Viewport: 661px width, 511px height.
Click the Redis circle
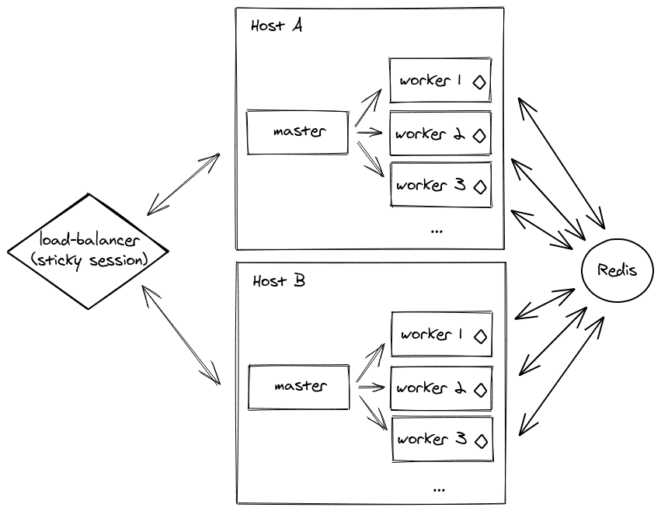(618, 270)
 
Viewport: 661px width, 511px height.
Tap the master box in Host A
(298, 132)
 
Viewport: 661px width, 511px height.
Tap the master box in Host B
(299, 386)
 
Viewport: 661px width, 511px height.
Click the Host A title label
(277, 26)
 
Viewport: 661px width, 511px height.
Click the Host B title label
(279, 280)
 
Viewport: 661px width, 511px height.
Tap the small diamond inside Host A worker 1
(478, 82)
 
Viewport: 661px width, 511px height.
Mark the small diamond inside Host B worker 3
(480, 440)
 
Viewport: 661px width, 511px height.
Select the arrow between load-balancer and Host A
(183, 183)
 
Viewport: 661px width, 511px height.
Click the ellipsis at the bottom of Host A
(436, 231)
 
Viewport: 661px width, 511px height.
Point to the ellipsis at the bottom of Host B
(438, 489)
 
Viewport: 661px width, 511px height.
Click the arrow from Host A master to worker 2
(369, 133)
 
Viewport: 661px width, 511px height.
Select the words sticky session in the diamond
(89, 259)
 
